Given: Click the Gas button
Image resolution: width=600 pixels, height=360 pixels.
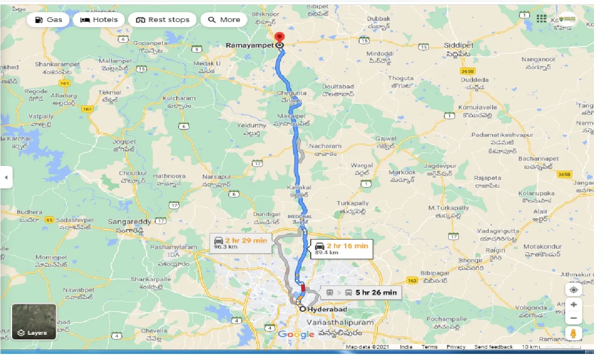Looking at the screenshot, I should (48, 20).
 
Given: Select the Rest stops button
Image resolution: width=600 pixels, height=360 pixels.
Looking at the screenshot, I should (163, 20).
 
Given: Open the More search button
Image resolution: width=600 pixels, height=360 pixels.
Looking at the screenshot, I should (224, 20).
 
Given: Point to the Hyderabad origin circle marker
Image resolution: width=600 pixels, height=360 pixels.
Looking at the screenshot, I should (303, 309).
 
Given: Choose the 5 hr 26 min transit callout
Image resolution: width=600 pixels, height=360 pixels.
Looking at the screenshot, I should (361, 292).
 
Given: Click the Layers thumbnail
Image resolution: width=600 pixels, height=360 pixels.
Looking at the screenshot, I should (34, 322).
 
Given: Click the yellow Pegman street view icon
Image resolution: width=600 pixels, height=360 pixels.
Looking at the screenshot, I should (573, 333).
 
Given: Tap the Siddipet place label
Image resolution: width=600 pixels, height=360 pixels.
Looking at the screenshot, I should (459, 45).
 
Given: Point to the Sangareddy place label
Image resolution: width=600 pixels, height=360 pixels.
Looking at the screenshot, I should (129, 221).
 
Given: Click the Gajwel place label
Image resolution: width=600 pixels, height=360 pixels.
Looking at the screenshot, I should (386, 139).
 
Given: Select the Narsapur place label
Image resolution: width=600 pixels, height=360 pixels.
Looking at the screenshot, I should (217, 177).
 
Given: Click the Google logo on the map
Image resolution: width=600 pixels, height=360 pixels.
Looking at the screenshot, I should (296, 334).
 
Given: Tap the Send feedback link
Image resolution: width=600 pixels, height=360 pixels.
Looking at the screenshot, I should (493, 347).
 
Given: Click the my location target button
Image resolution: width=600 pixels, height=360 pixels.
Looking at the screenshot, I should (573, 289).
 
